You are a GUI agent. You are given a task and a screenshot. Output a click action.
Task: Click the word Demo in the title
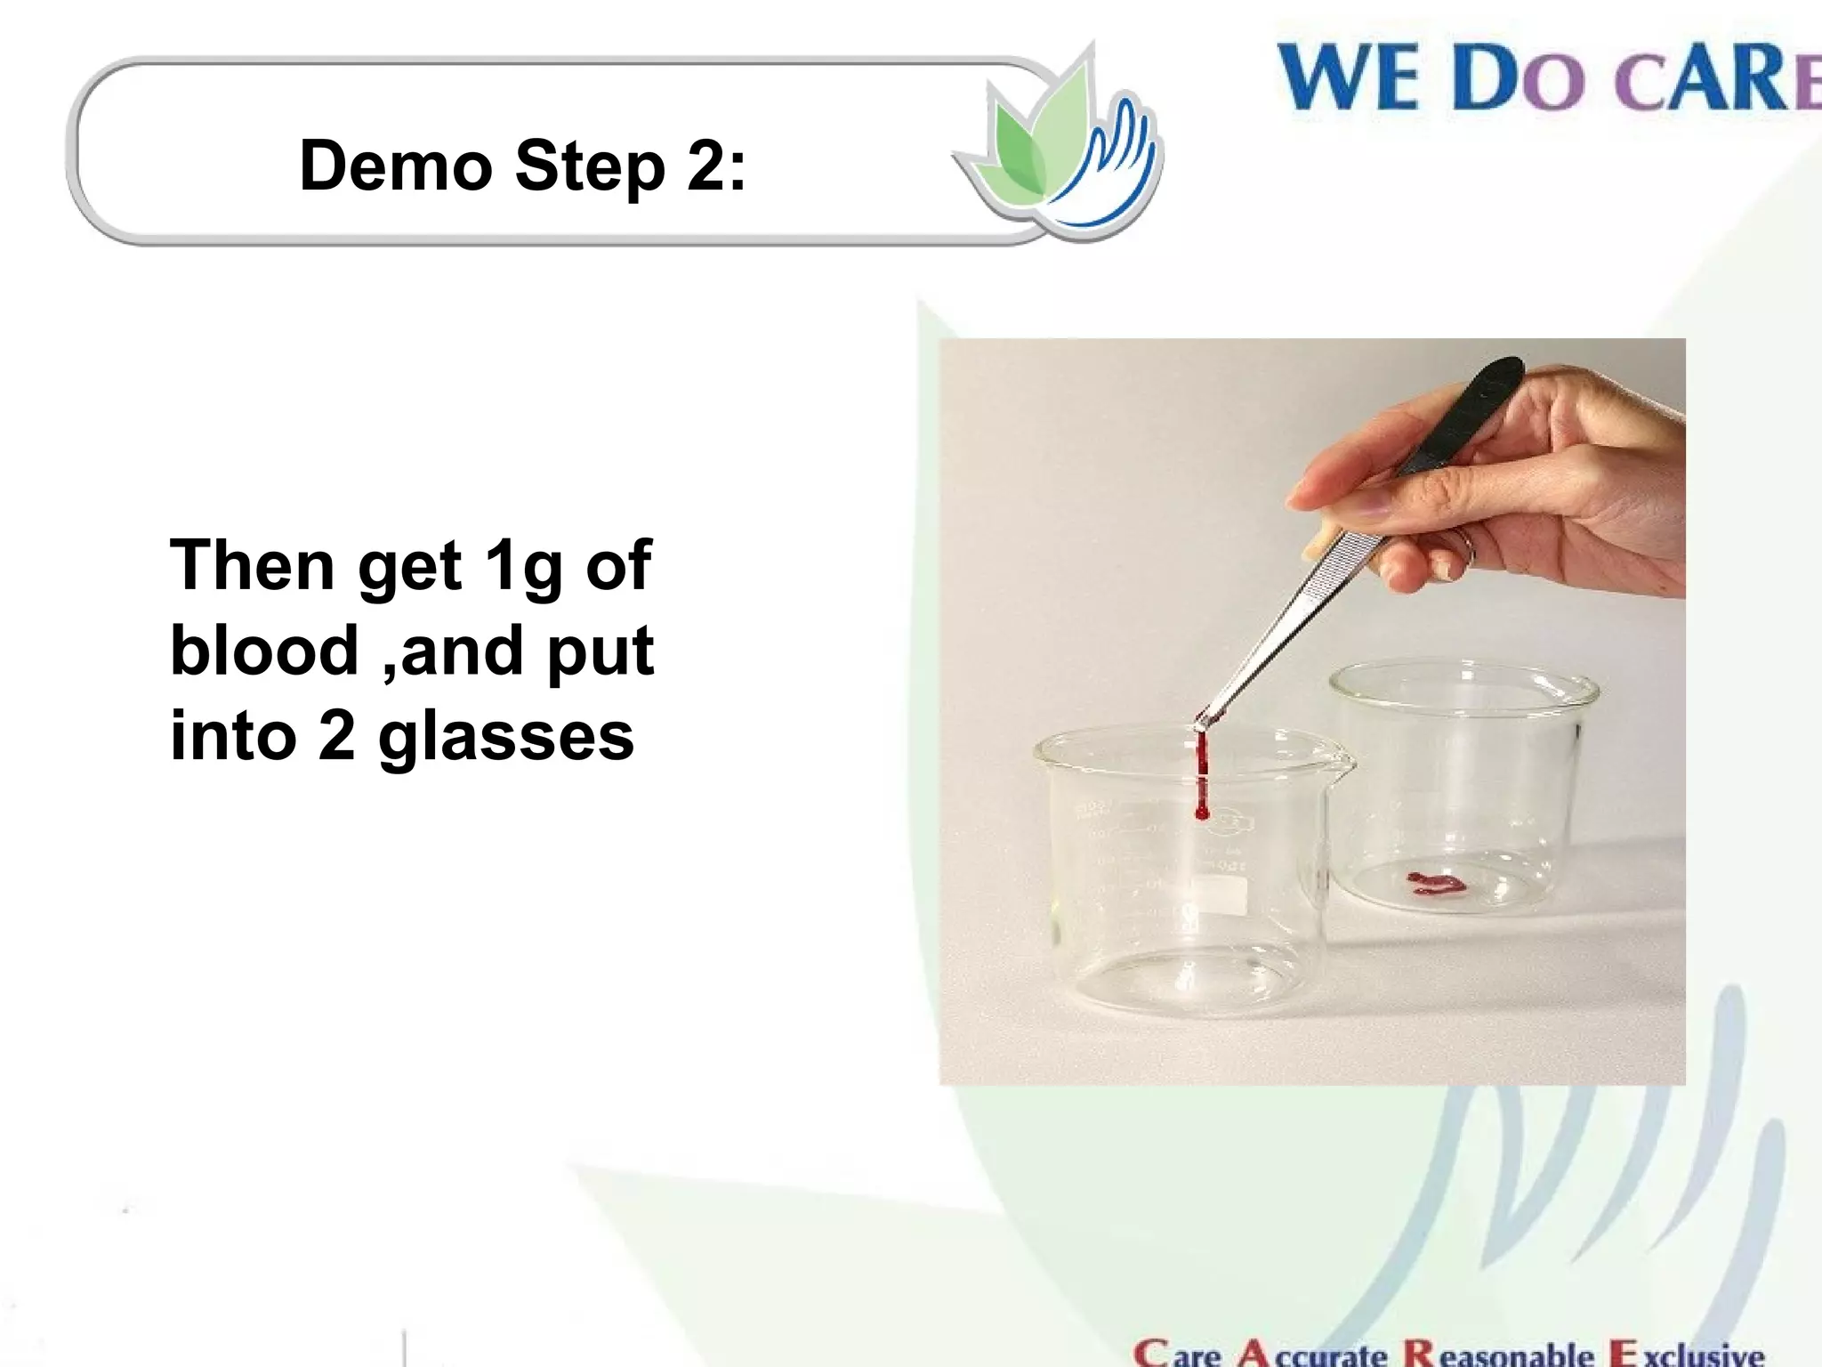pos(396,166)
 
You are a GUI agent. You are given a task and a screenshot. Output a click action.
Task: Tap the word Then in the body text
pos(252,565)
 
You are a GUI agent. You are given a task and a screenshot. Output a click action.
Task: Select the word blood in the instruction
pos(264,651)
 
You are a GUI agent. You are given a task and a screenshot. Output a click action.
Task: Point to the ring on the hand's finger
pos(1463,547)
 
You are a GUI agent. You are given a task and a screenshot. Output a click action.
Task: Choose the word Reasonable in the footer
pos(1498,1353)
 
